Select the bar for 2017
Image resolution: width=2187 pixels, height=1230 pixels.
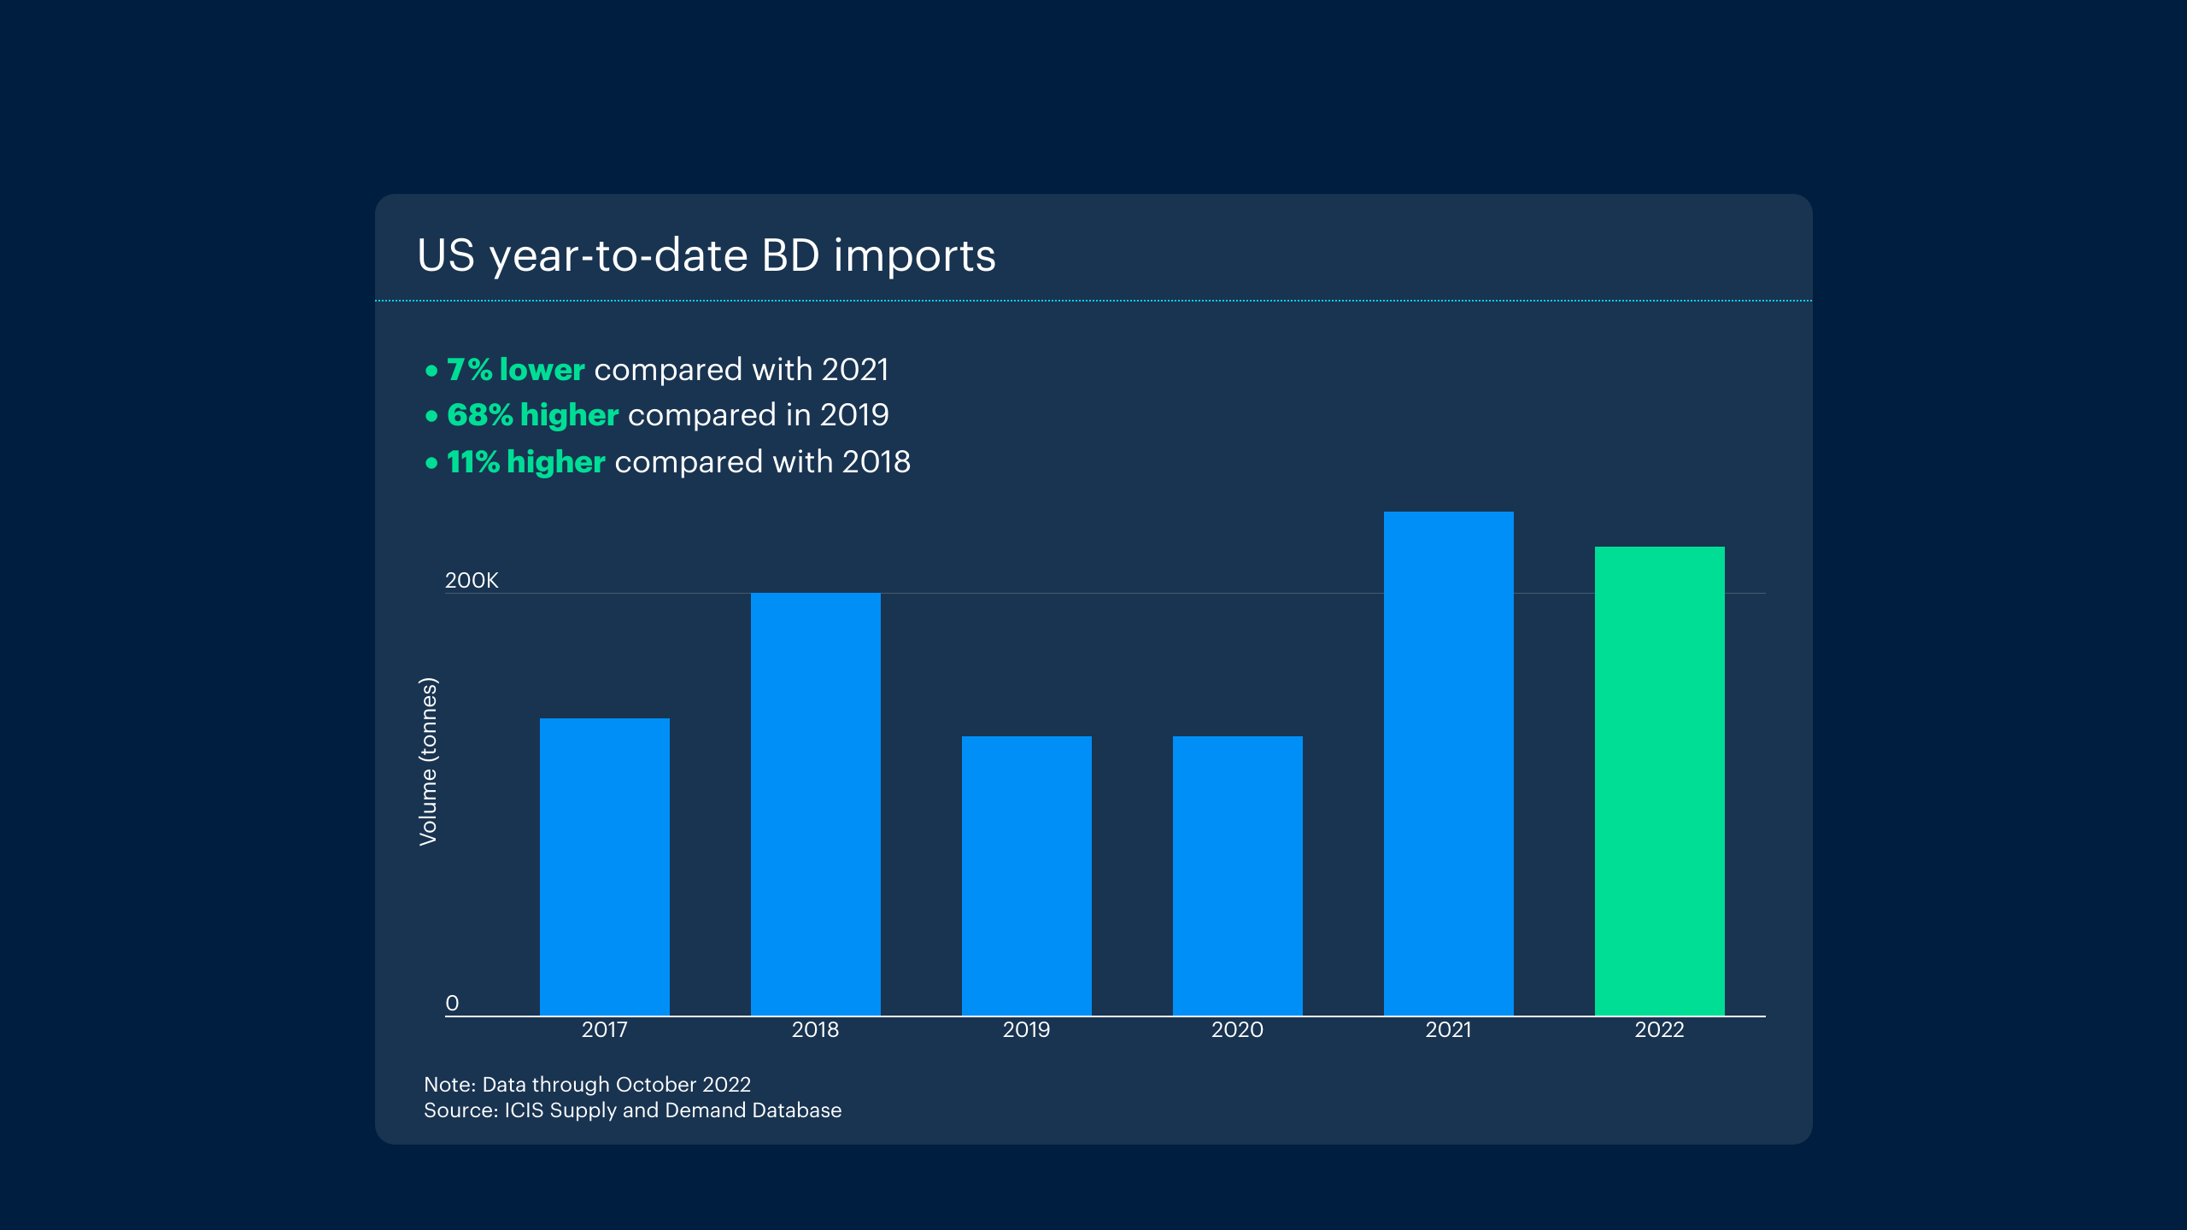click(604, 866)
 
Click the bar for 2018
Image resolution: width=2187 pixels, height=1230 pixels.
click(815, 804)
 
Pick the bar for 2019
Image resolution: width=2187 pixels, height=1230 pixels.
click(1026, 876)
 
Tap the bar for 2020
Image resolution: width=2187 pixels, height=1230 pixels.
click(1237, 876)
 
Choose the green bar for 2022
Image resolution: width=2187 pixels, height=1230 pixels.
click(1659, 781)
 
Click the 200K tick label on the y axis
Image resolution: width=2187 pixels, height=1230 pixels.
click(472, 581)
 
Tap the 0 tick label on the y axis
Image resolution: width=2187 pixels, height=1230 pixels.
click(452, 1003)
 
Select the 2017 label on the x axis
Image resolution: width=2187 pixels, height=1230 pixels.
click(604, 1030)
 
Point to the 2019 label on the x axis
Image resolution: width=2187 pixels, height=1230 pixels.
click(1026, 1030)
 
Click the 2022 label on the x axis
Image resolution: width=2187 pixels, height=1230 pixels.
click(1659, 1030)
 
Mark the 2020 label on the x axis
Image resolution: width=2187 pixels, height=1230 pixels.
click(1237, 1030)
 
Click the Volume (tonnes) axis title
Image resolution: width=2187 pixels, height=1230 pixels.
click(428, 761)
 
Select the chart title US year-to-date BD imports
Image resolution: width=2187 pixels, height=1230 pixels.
click(706, 255)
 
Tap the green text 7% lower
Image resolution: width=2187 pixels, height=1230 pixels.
click(515, 370)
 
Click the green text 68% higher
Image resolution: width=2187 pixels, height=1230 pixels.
click(532, 415)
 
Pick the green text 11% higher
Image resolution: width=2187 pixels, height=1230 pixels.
click(525, 462)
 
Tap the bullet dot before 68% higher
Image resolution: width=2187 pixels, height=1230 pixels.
click(431, 416)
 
